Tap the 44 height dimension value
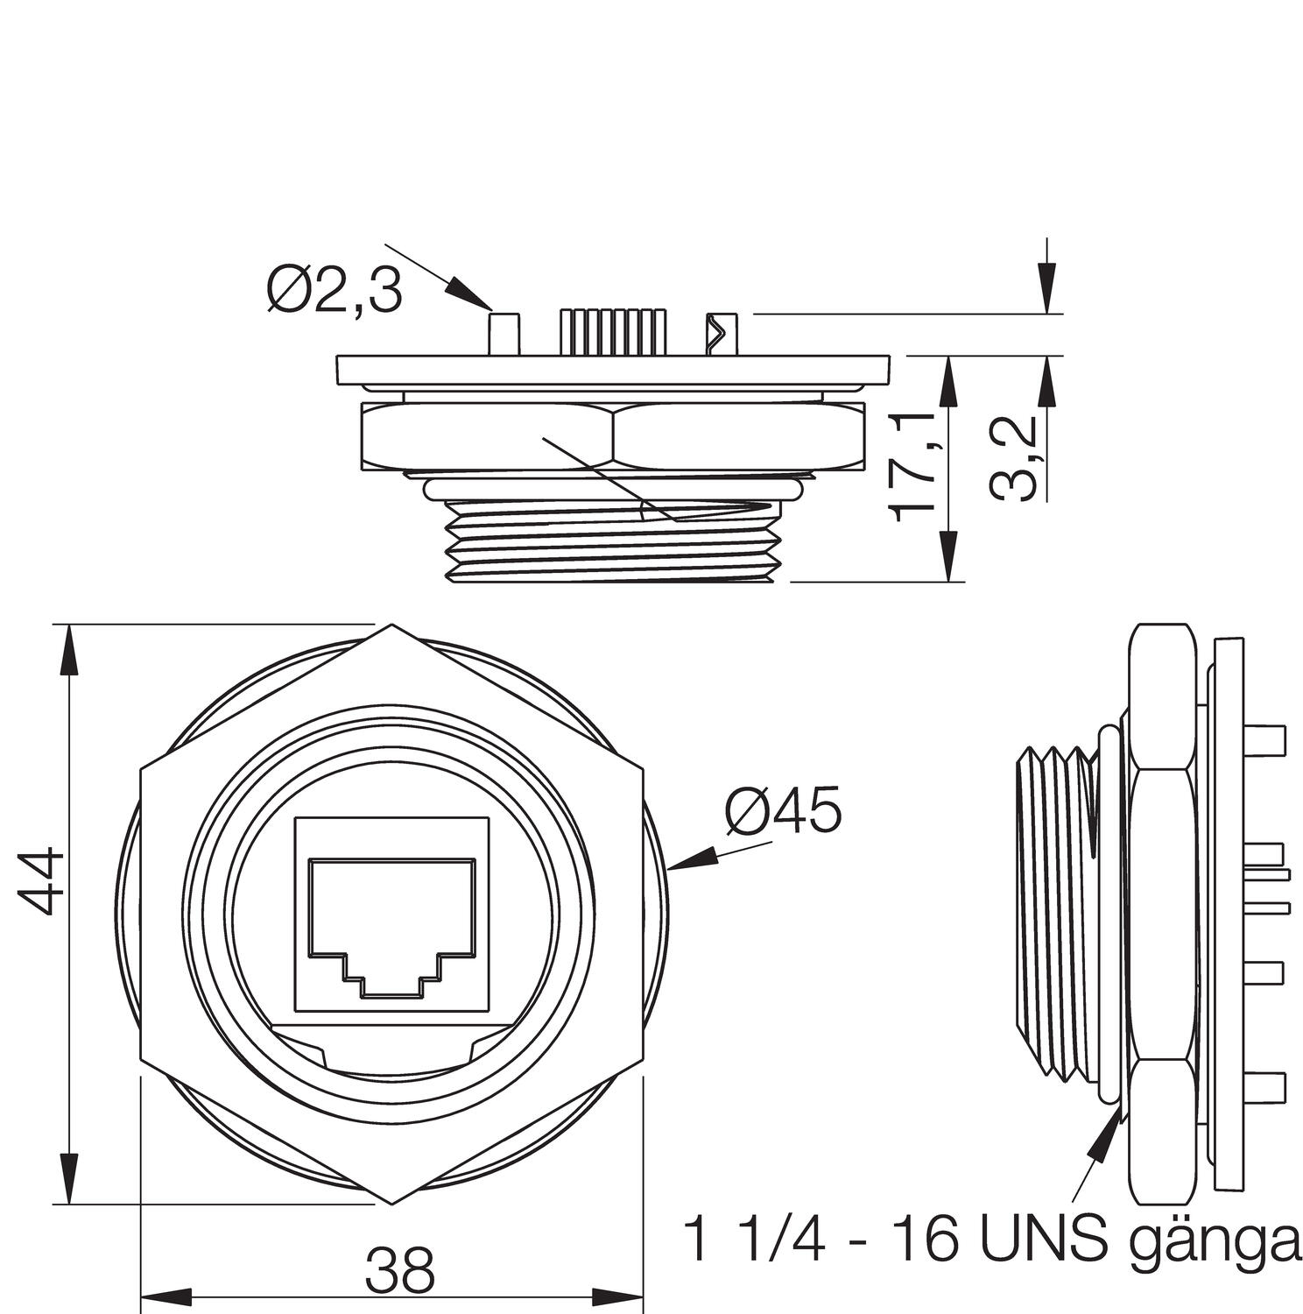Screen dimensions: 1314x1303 tap(41, 880)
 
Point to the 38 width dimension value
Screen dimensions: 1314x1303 tap(399, 1270)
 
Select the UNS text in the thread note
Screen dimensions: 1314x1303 tap(1043, 1237)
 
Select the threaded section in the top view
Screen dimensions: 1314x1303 tap(613, 543)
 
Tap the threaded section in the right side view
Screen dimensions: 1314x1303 tap(1055, 911)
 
